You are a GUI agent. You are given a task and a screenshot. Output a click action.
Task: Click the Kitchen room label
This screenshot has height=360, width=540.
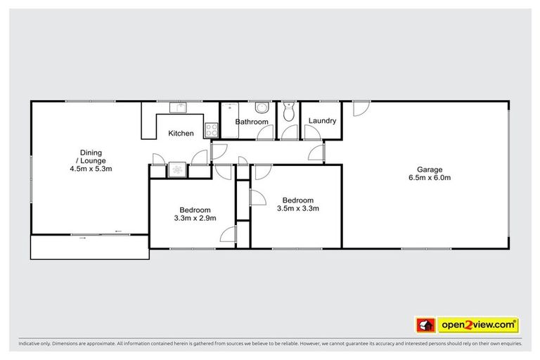[181, 134]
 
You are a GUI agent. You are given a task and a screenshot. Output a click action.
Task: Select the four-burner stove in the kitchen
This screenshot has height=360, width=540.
[211, 129]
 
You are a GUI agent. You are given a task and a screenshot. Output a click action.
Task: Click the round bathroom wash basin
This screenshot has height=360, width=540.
[261, 108]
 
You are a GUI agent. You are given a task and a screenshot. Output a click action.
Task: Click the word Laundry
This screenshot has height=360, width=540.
[322, 121]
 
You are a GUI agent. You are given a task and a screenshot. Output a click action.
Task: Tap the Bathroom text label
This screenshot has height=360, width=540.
[252, 122]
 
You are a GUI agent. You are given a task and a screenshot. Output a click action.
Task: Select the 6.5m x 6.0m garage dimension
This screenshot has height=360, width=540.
[429, 178]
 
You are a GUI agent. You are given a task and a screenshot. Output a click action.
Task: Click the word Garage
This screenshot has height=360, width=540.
[429, 169]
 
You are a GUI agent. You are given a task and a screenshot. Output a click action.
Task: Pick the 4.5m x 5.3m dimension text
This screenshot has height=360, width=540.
[91, 169]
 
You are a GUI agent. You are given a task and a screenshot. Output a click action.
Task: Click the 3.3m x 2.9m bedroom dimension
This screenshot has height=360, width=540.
[195, 218]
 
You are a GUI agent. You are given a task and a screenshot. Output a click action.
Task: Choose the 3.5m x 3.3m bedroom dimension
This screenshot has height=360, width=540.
[298, 208]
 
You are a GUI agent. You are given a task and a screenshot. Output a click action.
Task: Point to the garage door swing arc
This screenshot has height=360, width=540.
[359, 108]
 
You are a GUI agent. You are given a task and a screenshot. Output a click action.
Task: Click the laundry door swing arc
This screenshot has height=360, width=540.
[318, 154]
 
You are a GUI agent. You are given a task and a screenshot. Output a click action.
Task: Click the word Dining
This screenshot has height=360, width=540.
[91, 152]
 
